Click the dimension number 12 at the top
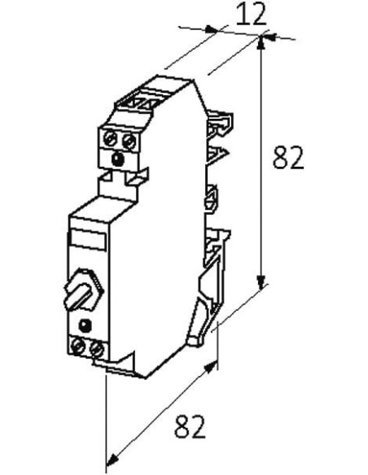point(251,15)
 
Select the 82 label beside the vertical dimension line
point(288,158)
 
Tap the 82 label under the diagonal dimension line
point(190,426)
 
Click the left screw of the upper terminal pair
point(110,140)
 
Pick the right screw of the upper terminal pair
point(129,141)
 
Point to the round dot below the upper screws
point(117,159)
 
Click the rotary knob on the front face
point(84,290)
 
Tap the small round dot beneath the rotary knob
point(85,326)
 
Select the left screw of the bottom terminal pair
point(78,346)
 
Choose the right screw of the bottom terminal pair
point(97,349)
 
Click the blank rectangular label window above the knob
point(89,238)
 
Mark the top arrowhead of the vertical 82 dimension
point(261,43)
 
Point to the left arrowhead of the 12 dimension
point(212,29)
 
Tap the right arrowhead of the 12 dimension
point(269,37)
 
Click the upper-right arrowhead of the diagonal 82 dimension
point(211,367)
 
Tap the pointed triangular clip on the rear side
point(217,155)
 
